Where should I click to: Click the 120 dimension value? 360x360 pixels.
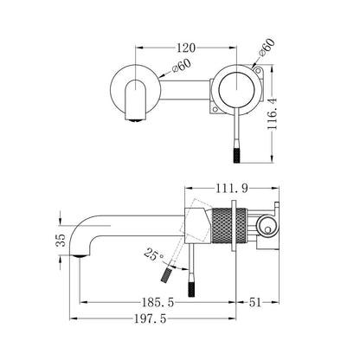point(186,48)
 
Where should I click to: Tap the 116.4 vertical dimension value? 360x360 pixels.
point(272,113)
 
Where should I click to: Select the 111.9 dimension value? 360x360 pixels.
point(232,189)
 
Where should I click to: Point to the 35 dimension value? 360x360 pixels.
point(61,240)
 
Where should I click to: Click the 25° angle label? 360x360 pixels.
point(154,254)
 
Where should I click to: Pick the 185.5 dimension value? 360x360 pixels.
point(157,302)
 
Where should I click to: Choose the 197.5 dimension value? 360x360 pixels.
point(151,318)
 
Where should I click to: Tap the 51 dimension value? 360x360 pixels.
point(255,302)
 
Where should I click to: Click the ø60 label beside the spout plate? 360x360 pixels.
point(181,66)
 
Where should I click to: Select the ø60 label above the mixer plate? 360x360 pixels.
point(267,48)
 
